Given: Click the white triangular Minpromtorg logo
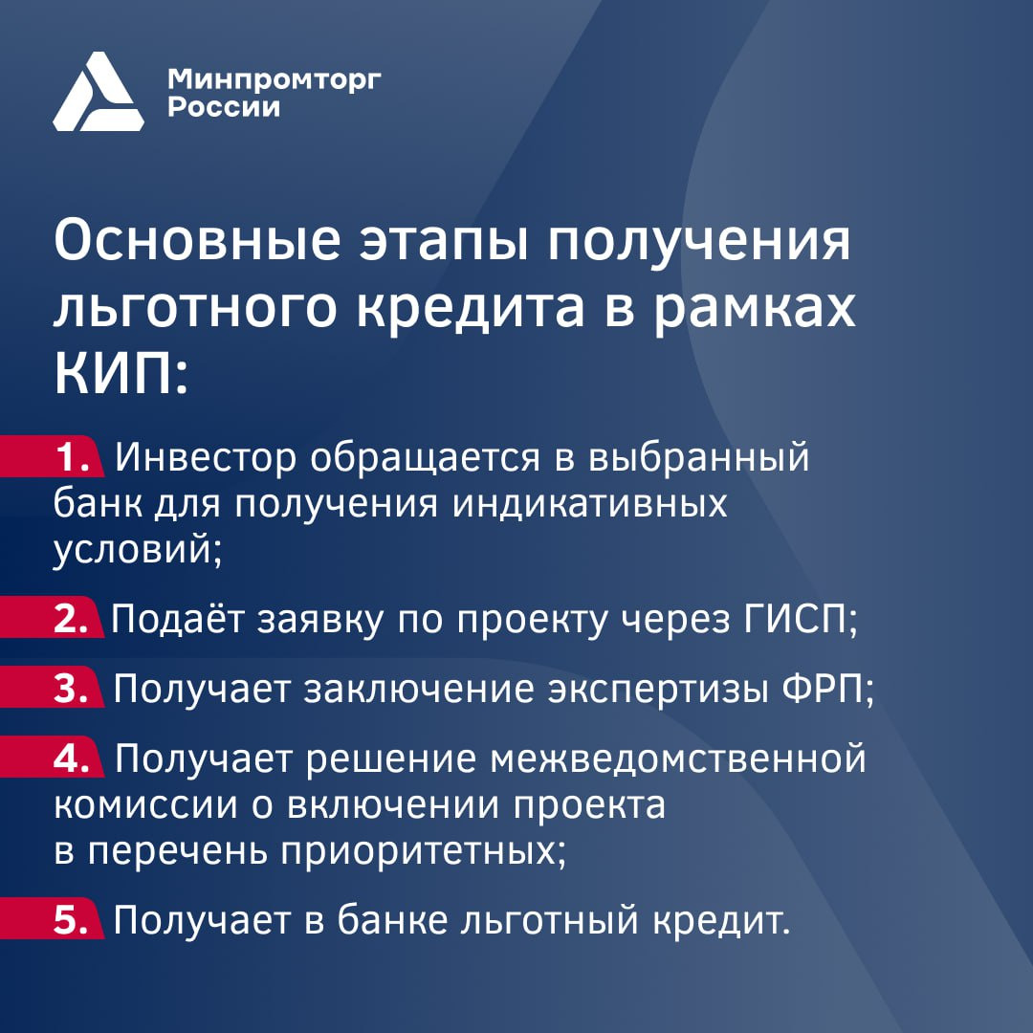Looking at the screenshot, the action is pyautogui.click(x=99, y=92).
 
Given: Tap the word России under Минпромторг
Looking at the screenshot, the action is pyautogui.click(x=224, y=107).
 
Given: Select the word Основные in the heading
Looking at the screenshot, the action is pyautogui.click(x=197, y=240).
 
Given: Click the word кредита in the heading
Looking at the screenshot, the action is pyautogui.click(x=471, y=308).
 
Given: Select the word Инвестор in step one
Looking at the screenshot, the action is pyautogui.click(x=206, y=456).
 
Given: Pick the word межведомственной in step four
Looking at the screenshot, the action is pyautogui.click(x=678, y=758).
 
